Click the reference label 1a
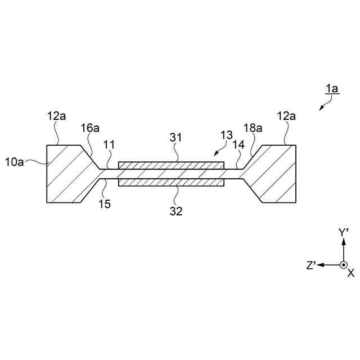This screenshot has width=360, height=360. point(331,88)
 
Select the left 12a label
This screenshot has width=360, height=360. point(56,116)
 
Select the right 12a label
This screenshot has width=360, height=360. point(287,116)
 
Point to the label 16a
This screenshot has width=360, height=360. point(91,128)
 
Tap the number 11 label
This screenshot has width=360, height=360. point(109,145)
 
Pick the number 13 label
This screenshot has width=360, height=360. point(226,135)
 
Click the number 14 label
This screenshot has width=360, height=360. point(238,145)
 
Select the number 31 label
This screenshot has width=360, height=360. point(177,137)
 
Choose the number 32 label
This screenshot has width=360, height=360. point(177,211)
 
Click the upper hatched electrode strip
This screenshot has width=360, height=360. point(171,165)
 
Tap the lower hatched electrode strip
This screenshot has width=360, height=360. point(171,183)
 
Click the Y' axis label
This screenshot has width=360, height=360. point(344,232)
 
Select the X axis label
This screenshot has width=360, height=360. point(351,273)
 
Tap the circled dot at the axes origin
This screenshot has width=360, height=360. point(343,265)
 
